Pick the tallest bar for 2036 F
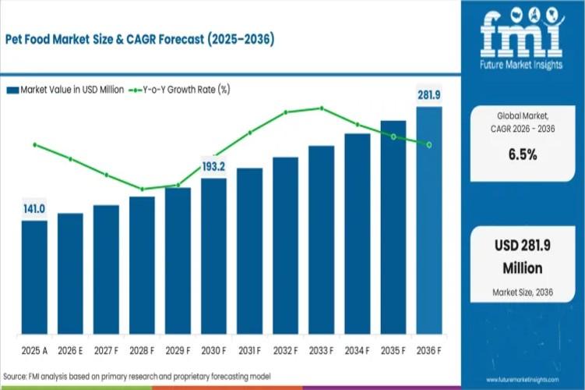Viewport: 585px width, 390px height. pos(428,218)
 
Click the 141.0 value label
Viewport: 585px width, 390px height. pos(34,209)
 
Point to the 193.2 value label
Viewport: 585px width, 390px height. pos(213,166)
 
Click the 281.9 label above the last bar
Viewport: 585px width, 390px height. pos(428,95)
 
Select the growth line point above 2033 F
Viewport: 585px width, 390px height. pos(321,108)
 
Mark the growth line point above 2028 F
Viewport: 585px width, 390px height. pos(142,189)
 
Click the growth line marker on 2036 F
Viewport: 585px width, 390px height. pos(428,144)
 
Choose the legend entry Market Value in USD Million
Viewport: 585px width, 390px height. pos(65,90)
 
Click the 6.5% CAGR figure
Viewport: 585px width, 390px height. pos(523,154)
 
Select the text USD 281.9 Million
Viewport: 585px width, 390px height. pos(523,257)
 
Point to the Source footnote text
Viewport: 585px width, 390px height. pos(137,377)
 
